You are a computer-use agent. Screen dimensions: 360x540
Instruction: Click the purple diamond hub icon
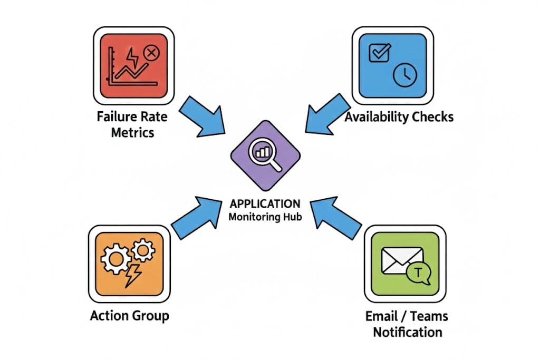click(265, 155)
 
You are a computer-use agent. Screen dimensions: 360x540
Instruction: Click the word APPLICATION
click(265, 203)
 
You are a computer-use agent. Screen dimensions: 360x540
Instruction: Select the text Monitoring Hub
click(265, 217)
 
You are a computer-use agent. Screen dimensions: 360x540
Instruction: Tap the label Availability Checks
click(399, 116)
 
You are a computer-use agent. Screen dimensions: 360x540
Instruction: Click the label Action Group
click(130, 316)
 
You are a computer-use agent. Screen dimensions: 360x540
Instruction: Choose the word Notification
click(407, 332)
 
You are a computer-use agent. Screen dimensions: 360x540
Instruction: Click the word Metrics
click(132, 132)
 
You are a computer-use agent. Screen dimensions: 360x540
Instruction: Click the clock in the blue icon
click(405, 75)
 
